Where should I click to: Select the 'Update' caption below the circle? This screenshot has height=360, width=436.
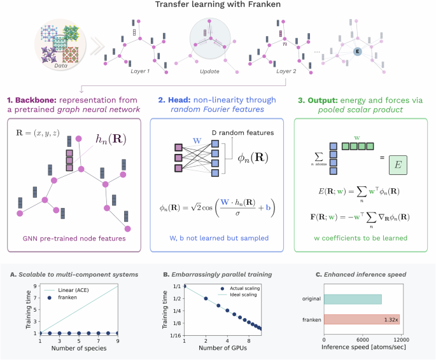tap(208, 72)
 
